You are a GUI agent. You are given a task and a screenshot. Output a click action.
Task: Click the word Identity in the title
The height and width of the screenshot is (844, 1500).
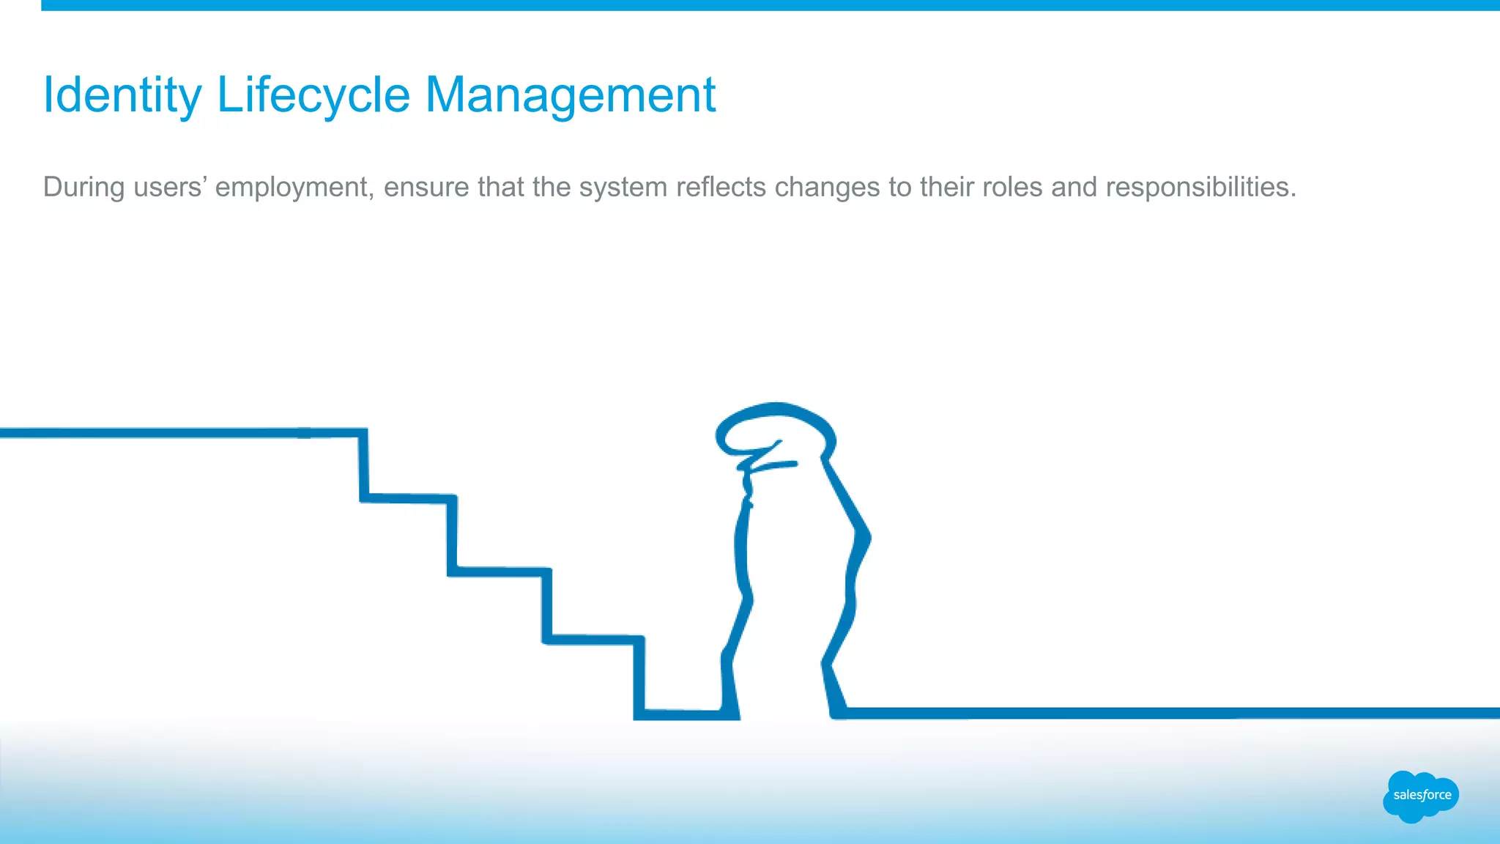(122, 95)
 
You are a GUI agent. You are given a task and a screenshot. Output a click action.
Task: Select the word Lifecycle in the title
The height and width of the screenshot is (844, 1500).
(313, 95)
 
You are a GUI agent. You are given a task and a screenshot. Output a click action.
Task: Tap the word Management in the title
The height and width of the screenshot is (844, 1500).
(570, 95)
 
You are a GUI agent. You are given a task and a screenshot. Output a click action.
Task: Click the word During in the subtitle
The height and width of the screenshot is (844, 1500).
(83, 187)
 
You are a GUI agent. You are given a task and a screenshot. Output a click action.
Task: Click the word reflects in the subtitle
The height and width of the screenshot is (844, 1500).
(721, 187)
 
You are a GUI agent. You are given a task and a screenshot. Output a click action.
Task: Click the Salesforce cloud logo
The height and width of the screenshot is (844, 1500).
(1421, 796)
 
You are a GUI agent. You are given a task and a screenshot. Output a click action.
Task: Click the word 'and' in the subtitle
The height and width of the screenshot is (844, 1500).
(1074, 187)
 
